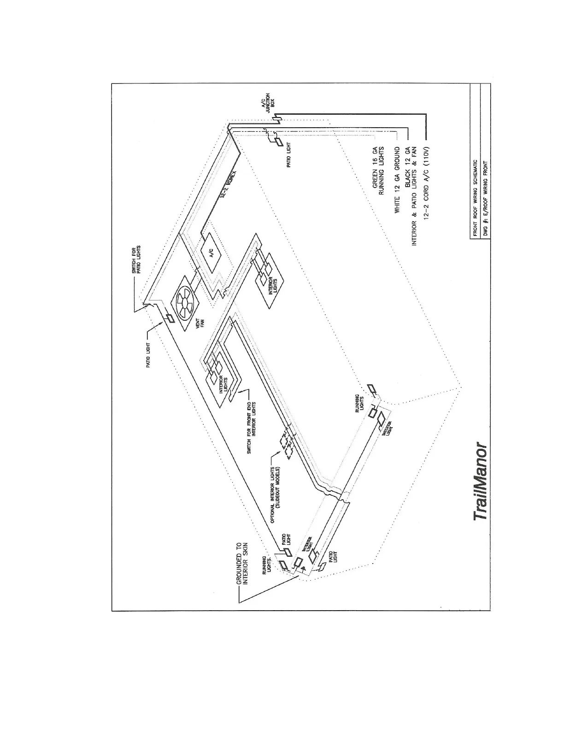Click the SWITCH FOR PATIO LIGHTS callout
[x=137, y=259]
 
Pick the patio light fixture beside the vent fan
[x=168, y=318]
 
